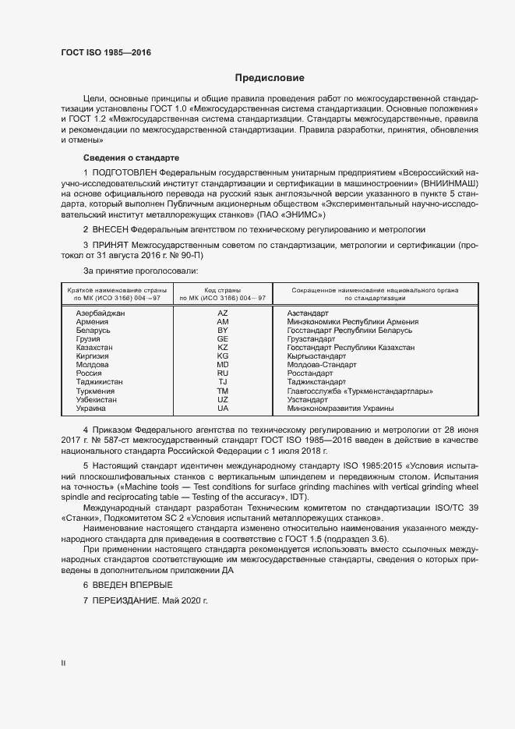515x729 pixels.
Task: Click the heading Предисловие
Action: click(x=270, y=78)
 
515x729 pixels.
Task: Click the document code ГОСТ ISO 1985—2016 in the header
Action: click(x=105, y=53)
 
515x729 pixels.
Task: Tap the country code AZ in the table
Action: click(x=223, y=313)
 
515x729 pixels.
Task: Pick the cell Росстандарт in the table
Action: click(x=312, y=373)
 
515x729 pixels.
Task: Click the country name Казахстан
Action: click(x=93, y=347)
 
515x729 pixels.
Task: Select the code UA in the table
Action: click(x=223, y=408)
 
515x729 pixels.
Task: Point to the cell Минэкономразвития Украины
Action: click(x=340, y=408)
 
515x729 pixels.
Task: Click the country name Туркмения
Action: click(x=95, y=391)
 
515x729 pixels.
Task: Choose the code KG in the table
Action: click(x=223, y=356)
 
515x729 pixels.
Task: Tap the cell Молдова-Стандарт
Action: click(x=321, y=364)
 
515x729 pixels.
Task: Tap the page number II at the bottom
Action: click(x=63, y=663)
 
